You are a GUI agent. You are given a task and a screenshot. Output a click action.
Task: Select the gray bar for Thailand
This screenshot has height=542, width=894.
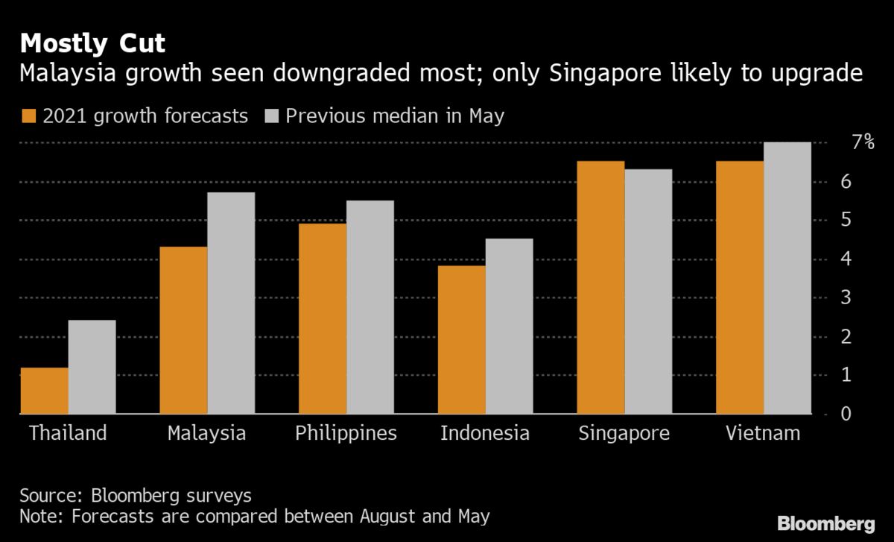92,367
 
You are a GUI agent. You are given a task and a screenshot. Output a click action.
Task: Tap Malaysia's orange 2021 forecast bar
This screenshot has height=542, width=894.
183,330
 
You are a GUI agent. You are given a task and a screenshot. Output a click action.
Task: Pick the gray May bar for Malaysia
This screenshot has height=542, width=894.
231,303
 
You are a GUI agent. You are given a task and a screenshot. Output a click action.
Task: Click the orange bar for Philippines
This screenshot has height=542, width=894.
323,318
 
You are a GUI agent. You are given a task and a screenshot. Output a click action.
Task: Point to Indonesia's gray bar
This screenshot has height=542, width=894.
509,326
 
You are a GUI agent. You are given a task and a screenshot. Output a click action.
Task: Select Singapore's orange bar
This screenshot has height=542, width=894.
600,287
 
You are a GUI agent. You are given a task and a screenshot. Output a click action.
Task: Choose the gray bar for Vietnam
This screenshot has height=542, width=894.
787,277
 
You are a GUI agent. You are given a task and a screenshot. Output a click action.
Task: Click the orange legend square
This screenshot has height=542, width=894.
29,116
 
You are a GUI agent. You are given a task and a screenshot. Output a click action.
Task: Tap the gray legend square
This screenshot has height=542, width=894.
271,116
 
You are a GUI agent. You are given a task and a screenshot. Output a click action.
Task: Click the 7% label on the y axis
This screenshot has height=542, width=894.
863,142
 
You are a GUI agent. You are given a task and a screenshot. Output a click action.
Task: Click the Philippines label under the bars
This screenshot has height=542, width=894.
346,433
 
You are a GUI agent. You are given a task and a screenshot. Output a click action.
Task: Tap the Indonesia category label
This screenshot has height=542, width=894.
485,433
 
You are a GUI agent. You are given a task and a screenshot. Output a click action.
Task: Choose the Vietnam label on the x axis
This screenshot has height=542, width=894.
764,433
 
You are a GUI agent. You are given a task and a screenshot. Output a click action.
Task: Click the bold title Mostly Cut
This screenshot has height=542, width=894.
93,44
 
